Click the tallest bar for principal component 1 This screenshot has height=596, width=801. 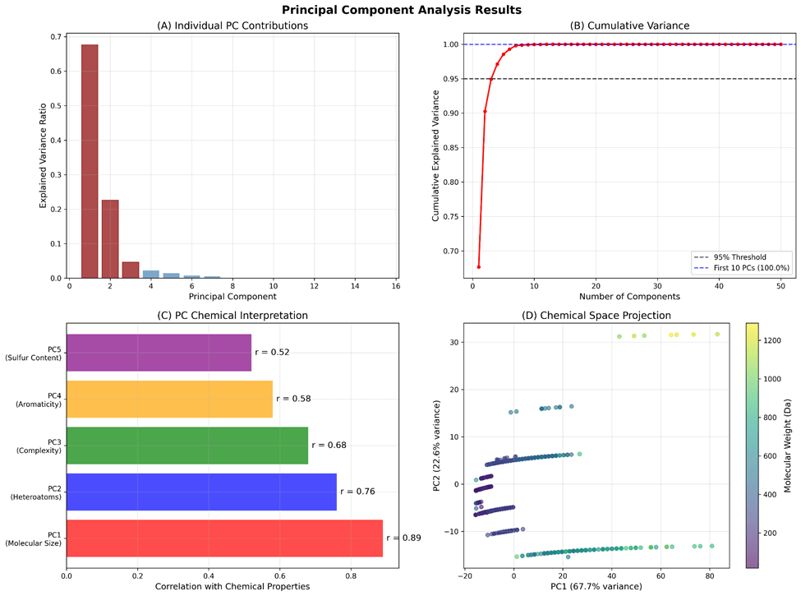pos(90,161)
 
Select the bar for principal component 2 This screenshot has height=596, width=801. pos(110,239)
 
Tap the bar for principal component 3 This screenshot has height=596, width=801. pos(131,270)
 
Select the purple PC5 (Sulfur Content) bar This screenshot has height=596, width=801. pos(159,352)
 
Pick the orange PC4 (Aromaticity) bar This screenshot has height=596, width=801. pos(169,399)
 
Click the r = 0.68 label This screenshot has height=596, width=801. pos(329,445)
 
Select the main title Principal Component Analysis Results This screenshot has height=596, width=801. pos(400,11)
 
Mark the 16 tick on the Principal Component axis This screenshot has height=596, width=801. pos(396,285)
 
